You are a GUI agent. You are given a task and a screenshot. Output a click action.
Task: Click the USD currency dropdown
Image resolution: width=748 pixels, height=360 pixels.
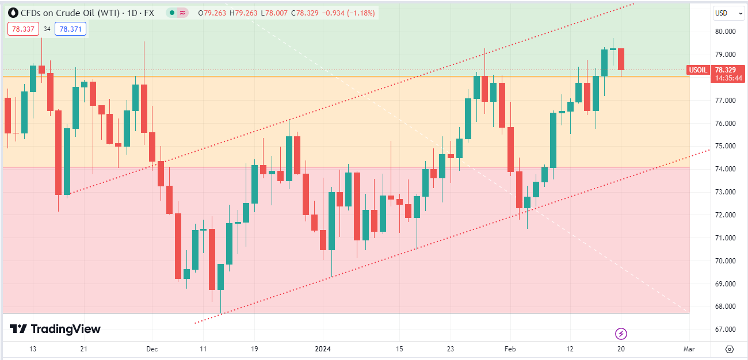(724, 13)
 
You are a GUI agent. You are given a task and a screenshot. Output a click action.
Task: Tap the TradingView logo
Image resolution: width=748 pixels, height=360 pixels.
(55, 329)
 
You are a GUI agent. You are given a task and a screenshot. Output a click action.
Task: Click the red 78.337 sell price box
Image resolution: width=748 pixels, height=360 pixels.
(23, 29)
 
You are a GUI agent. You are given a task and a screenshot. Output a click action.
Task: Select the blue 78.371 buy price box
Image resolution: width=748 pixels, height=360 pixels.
(70, 29)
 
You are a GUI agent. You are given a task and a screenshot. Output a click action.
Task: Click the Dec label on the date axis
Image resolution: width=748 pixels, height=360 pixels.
(152, 349)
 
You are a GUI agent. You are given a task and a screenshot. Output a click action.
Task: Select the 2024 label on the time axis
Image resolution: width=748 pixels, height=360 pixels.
(323, 349)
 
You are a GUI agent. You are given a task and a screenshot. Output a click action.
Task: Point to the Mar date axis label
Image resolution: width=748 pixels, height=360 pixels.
(689, 349)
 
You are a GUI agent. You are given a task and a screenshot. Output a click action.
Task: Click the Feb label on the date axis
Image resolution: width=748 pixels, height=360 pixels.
(510, 349)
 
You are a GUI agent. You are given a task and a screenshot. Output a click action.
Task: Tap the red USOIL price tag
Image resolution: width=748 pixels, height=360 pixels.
(698, 70)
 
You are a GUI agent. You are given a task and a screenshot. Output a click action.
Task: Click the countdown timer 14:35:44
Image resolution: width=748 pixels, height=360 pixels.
(728, 78)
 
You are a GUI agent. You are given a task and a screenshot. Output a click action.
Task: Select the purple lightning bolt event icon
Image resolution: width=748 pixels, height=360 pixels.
(621, 334)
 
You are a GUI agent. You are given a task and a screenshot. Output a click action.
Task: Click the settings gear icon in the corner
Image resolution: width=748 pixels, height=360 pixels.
(730, 349)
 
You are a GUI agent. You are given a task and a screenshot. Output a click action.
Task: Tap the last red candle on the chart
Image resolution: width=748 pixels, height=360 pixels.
(621, 59)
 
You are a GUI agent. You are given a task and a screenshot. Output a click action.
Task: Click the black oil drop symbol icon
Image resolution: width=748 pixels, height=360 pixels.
(13, 13)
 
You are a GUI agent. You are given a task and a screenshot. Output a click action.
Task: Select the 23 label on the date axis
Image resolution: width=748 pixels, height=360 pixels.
(451, 349)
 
